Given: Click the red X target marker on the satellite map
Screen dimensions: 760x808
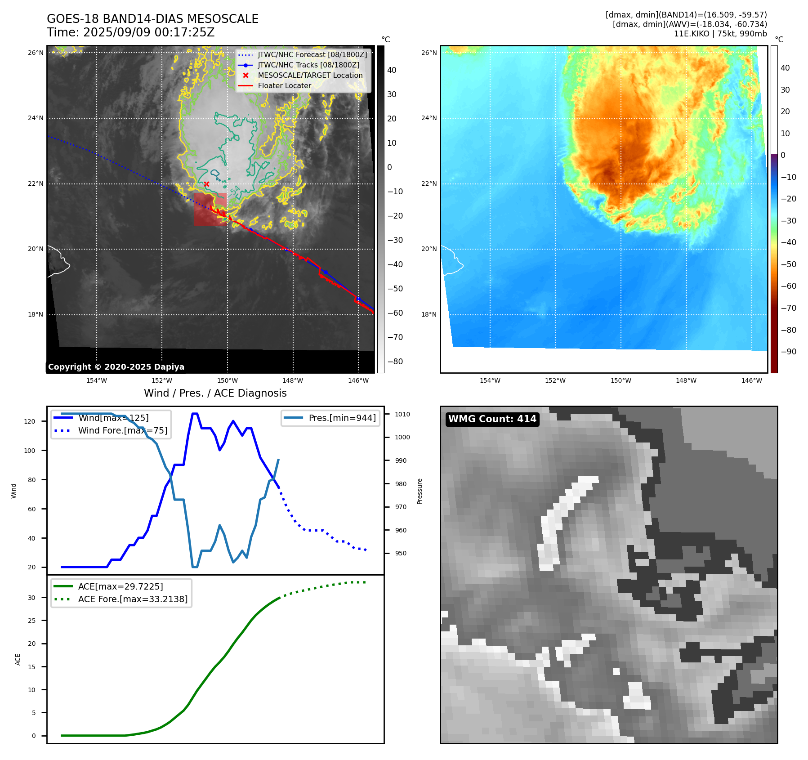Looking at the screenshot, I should [206, 184].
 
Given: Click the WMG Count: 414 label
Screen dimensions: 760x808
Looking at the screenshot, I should [492, 419].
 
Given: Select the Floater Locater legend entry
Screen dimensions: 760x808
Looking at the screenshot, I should [284, 86].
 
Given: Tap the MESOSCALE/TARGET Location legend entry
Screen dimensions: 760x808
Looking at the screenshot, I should [310, 76].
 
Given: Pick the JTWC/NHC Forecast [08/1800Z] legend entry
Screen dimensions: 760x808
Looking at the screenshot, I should [312, 55].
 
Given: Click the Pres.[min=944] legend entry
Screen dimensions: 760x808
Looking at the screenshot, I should [342, 418].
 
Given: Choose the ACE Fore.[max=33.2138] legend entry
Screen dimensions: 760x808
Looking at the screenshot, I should [133, 599].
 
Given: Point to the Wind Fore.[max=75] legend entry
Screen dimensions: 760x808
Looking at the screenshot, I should [122, 430].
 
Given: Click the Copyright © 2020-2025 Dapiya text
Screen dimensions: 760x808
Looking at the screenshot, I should [116, 367].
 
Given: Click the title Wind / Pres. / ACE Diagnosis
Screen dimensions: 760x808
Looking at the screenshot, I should [215, 393].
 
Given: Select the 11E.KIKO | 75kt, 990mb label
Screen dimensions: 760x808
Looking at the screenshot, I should [720, 34].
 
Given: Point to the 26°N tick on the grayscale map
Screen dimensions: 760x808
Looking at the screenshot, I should [36, 53].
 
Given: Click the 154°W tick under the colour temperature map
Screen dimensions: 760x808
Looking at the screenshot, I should [490, 380].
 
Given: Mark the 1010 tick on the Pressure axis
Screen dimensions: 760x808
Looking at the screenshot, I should [402, 414].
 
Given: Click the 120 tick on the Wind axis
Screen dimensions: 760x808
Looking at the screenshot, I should [29, 421].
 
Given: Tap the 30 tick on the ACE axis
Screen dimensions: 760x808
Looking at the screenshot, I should [31, 598].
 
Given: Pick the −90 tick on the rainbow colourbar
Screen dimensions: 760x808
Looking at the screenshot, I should [788, 352].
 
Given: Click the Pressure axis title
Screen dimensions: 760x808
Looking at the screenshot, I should [420, 491].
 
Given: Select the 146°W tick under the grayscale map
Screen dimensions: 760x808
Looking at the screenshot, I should [358, 380].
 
